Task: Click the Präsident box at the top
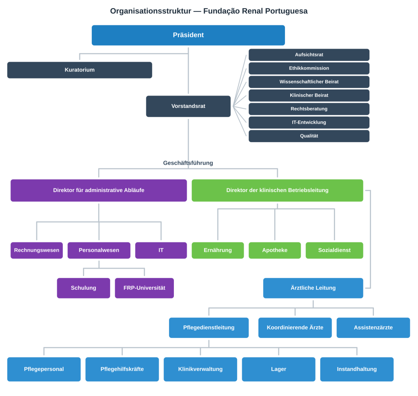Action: click(x=188, y=35)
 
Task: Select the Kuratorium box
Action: click(x=80, y=70)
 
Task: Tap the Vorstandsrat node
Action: click(x=188, y=106)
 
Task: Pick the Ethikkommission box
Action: click(x=309, y=68)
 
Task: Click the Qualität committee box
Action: click(x=309, y=136)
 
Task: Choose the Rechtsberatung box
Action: click(x=309, y=109)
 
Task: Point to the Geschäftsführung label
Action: click(x=188, y=163)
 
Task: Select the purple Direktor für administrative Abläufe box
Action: click(x=99, y=190)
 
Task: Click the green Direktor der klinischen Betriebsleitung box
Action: click(x=277, y=190)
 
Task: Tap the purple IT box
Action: click(x=161, y=250)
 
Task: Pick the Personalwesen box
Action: click(x=99, y=250)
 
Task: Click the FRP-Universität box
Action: click(x=144, y=288)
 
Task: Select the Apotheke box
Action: click(x=275, y=250)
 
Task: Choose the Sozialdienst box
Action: click(x=334, y=250)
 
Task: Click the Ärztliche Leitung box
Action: click(x=313, y=288)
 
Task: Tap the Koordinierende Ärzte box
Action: click(x=295, y=328)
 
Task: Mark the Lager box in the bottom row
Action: click(x=278, y=369)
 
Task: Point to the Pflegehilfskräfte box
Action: click(x=122, y=369)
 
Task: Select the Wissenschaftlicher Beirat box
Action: click(x=309, y=82)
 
